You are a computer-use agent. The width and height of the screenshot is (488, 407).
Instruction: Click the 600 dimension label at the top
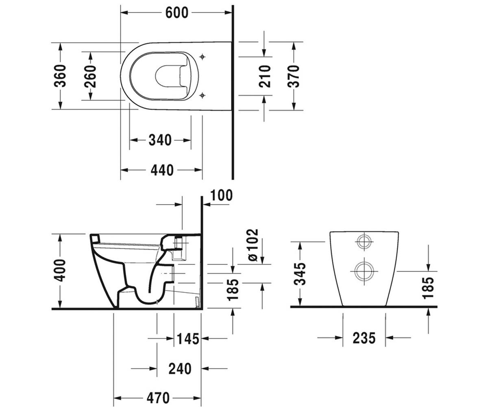pyautogui.click(x=176, y=13)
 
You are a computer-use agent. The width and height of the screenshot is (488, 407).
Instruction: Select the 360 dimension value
pyautogui.click(x=60, y=76)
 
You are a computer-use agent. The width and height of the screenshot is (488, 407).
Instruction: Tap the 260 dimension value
pyautogui.click(x=90, y=76)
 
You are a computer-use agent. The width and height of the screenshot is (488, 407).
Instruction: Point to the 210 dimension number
pyautogui.click(x=265, y=76)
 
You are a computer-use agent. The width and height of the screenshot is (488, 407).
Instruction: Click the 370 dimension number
pyautogui.click(x=294, y=76)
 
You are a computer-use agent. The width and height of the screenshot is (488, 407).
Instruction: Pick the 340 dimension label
pyautogui.click(x=160, y=140)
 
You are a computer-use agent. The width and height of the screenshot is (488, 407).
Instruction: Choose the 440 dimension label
pyautogui.click(x=162, y=170)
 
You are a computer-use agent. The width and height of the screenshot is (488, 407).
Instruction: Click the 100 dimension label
pyautogui.click(x=222, y=195)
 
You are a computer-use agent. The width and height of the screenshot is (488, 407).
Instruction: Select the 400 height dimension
pyautogui.click(x=60, y=270)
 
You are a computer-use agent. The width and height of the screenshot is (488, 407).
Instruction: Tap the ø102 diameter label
pyautogui.click(x=253, y=245)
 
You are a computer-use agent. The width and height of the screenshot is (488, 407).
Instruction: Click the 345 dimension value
pyautogui.click(x=300, y=274)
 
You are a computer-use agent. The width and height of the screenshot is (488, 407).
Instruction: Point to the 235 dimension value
pyautogui.click(x=364, y=338)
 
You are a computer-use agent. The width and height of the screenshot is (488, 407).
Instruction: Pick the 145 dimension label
pyautogui.click(x=188, y=339)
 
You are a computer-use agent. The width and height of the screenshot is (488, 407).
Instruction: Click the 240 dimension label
pyautogui.click(x=180, y=369)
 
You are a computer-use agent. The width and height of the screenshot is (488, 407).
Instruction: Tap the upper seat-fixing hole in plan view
pyautogui.click(x=203, y=57)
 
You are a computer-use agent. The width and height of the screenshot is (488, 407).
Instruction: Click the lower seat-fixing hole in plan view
pyautogui.click(x=203, y=95)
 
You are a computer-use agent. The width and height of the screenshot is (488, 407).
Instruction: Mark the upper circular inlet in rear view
pyautogui.click(x=364, y=242)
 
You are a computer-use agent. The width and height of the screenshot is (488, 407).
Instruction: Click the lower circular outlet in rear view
pyautogui.click(x=364, y=271)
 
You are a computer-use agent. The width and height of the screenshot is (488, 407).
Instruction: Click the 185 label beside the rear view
pyautogui.click(x=428, y=288)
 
